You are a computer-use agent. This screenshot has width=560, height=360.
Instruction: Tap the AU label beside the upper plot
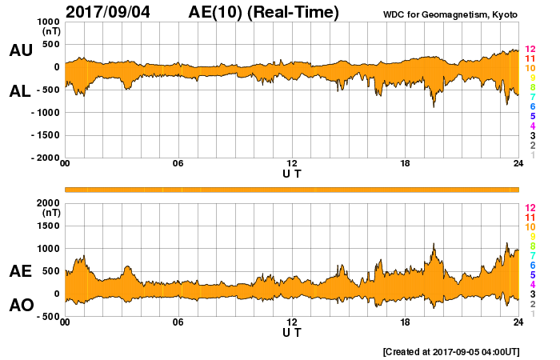point(20,50)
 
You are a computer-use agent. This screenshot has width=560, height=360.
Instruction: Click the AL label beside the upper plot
point(20,91)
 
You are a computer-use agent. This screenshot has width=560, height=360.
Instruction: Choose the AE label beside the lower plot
point(20,271)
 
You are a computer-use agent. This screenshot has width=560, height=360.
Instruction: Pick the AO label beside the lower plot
point(20,305)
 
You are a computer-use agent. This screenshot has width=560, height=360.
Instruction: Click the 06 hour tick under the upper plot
point(178,164)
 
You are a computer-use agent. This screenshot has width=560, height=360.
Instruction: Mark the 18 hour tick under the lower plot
point(405,322)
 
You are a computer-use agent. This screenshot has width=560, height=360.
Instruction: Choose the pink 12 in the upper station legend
point(530,50)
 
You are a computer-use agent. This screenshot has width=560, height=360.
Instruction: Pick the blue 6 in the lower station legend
point(532,265)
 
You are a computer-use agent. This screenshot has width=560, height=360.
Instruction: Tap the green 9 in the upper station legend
point(532,78)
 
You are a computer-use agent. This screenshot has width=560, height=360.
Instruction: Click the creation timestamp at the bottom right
point(451,351)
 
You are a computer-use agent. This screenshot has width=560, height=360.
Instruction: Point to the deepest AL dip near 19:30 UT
point(434,106)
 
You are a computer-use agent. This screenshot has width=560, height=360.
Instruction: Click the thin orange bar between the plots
point(291,189)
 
